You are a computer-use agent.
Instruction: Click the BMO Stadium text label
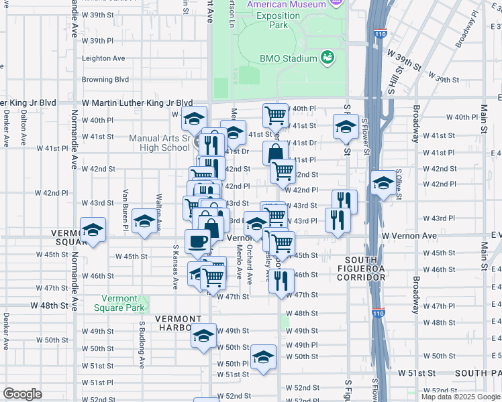click(x=289, y=58)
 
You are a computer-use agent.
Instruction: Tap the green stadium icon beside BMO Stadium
click(x=328, y=58)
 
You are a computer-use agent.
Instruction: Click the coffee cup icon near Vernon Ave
click(x=197, y=241)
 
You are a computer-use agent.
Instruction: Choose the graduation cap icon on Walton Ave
click(x=144, y=222)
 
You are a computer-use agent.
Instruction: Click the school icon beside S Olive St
click(x=383, y=182)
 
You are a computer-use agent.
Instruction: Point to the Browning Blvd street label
click(x=105, y=79)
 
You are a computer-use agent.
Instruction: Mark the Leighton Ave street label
click(x=103, y=58)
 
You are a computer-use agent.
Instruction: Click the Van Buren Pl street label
click(x=125, y=200)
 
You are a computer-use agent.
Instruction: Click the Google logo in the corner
click(x=22, y=393)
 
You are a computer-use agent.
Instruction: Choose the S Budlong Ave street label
click(x=142, y=344)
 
